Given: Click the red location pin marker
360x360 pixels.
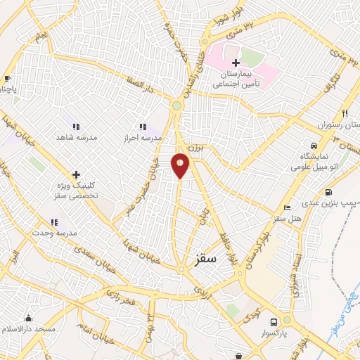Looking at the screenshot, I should click(181, 165).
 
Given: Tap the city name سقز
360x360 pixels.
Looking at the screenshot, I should click(207, 258).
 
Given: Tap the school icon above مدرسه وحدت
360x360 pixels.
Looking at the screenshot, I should click(54, 222).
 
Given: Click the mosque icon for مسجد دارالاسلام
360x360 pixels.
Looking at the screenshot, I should click(28, 319).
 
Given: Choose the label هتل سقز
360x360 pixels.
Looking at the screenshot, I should click(288, 218).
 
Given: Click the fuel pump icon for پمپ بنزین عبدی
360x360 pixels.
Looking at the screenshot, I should click(328, 192).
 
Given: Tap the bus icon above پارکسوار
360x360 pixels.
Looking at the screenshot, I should click(274, 321).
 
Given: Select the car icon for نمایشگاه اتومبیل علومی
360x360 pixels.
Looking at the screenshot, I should click(312, 145).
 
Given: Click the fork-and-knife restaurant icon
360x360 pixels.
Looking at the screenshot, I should click(345, 113).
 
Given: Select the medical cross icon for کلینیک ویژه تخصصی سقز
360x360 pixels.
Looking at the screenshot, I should click(76, 174).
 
